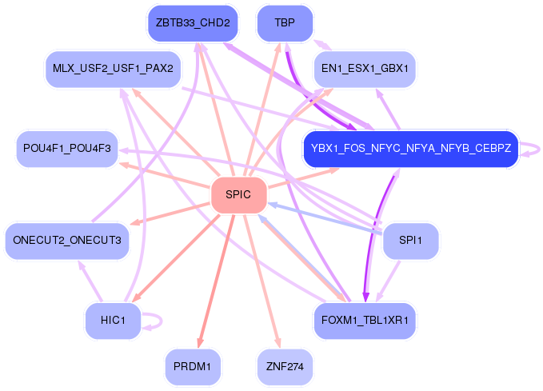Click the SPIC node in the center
click(238, 195)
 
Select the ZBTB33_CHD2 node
click(193, 23)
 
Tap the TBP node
click(285, 23)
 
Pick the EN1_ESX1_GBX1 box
click(365, 69)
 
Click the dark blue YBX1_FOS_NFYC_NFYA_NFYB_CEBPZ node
click(411, 149)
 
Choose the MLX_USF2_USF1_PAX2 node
click(113, 69)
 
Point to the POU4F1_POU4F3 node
click(67, 149)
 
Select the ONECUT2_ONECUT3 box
click(67, 241)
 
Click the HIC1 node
click(113, 321)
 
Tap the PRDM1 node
click(193, 367)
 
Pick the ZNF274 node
click(285, 367)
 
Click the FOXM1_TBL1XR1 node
click(365, 321)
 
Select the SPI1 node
click(411, 241)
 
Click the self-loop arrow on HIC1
click(162, 321)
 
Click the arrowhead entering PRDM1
click(200, 343)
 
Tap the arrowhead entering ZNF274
click(278, 343)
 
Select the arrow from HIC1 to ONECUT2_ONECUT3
click(90, 281)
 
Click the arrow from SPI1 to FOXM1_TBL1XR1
click(388, 281)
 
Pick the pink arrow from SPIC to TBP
click(262, 110)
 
